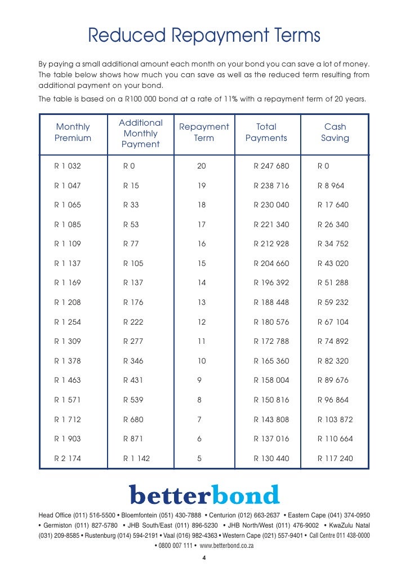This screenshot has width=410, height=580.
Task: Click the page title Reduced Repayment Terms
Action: pos(204,37)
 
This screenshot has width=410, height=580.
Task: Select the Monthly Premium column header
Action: pos(73,132)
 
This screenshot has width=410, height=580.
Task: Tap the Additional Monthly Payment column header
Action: pos(141,134)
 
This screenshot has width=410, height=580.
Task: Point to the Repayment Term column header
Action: pos(204,132)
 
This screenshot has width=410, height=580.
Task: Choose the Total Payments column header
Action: pos(266,132)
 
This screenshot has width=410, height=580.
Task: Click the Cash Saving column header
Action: pos(335,132)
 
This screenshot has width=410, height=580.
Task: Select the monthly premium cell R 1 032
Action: pos(68,166)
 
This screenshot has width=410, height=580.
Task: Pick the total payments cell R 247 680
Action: pos(271,166)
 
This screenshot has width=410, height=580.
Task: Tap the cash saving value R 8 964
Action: pos(331,185)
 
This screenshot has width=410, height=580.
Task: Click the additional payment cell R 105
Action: pos(133,263)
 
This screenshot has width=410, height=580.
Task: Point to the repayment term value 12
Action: pos(202,322)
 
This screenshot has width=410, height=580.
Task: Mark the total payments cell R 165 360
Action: pos(271,361)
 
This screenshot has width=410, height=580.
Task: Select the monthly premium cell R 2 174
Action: pos(68,459)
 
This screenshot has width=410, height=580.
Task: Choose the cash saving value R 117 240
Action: pos(335,459)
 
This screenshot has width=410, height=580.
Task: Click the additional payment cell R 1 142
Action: pos(137,459)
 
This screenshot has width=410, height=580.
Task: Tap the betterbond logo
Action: pos(204,494)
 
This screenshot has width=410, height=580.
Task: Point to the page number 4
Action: pos(204,559)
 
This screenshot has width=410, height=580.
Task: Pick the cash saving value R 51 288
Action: pos(333,283)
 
